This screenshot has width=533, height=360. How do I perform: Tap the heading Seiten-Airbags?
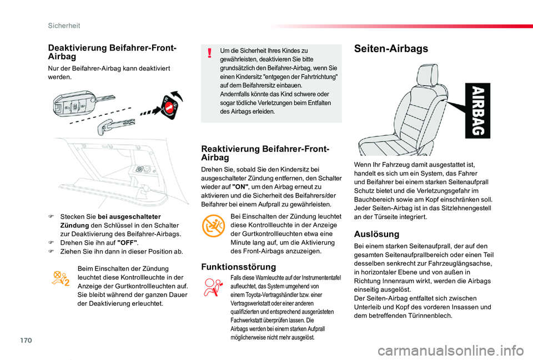391,49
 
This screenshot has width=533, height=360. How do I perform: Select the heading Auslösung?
375,234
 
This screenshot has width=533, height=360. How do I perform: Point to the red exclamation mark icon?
209,53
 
